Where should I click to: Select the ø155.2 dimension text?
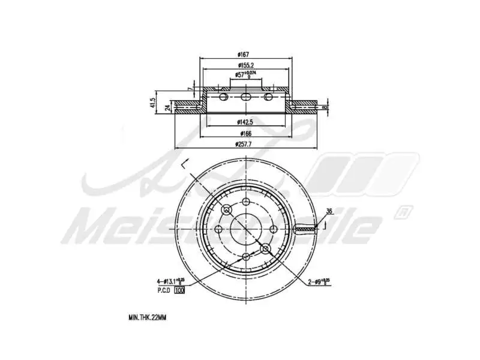coord(246,66)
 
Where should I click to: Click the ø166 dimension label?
coord(246,133)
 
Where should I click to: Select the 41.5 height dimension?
coord(154,103)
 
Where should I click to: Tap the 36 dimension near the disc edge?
coord(329,211)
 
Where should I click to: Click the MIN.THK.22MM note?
coord(147,317)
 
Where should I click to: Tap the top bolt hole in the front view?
coord(246,202)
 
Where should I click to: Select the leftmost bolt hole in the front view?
coord(218,229)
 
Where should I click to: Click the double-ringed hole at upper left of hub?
coord(227,210)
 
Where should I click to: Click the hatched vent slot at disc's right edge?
coord(305,229)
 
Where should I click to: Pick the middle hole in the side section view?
coord(246,97)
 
